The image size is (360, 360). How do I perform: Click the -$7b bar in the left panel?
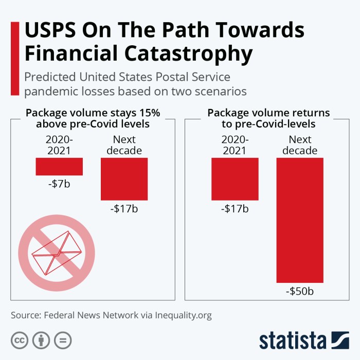59,166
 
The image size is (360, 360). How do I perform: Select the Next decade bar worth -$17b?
124,178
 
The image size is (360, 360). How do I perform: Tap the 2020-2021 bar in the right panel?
235,178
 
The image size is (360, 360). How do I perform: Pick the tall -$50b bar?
300,220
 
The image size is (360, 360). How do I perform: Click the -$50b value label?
300,292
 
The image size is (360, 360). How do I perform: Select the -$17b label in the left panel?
124,209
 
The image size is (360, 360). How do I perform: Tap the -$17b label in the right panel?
235,209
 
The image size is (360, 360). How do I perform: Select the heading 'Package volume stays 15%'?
93,113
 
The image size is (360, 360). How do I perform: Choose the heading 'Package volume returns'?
268,113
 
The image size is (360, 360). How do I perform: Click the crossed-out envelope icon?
57,252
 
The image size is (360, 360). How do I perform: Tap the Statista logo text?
293,341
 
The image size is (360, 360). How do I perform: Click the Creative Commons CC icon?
20,340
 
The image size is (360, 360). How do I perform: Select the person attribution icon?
41,340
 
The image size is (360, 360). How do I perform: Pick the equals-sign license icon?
63,340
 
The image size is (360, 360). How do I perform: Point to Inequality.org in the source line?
184,315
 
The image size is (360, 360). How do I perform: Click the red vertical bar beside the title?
15,58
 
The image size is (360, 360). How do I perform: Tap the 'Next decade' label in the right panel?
300,145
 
